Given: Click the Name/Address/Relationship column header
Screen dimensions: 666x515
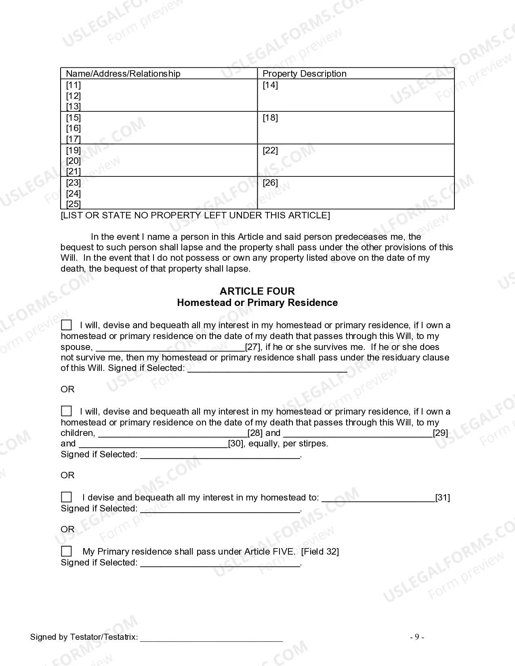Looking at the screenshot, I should pos(123,73).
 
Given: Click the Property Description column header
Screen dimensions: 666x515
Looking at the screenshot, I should pos(305,73).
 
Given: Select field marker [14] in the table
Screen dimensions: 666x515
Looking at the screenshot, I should pos(270,85).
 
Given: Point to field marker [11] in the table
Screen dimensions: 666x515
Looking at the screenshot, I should pos(74,85).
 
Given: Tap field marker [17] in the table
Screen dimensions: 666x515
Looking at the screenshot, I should pos(74,139).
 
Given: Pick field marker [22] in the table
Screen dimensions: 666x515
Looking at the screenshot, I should pos(270,150).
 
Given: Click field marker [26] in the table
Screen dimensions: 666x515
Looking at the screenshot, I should pos(270,182).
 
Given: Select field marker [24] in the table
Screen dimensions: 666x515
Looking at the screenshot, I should pos(74,193).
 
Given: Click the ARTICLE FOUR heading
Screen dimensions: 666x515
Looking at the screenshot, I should pos(257,291).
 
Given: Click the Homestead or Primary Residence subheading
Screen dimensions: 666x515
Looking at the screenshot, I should pos(257,302).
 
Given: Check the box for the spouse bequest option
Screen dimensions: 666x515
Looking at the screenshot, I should pos(67,325).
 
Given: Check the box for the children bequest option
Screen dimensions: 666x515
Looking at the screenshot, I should pos(67,411).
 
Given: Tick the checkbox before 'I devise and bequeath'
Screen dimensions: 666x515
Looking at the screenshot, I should pos(67,497).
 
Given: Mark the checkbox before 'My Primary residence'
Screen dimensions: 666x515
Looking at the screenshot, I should pos(67,551).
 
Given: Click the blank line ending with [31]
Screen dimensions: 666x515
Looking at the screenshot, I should pos(378,498).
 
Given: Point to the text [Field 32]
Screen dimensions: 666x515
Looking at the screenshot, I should pos(320,551).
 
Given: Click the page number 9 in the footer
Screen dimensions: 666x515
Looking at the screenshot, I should pos(417,637).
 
